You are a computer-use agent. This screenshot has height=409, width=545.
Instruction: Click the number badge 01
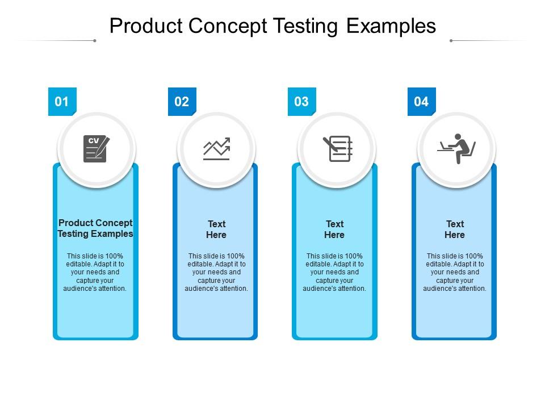(62, 102)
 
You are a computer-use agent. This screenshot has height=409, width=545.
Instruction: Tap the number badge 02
(182, 102)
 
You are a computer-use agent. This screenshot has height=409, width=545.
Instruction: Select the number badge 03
(301, 102)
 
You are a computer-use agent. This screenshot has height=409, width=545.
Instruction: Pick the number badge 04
(421, 102)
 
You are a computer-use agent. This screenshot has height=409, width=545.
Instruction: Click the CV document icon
(96, 149)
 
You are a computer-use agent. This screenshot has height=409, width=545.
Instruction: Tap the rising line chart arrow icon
(216, 149)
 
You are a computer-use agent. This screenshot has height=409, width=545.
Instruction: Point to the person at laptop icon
(457, 148)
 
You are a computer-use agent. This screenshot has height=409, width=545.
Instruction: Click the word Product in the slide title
(145, 26)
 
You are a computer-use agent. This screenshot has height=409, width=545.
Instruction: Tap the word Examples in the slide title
(391, 26)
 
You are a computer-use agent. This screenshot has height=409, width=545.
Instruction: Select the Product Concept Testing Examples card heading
(95, 228)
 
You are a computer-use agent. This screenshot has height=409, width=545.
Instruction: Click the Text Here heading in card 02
(216, 229)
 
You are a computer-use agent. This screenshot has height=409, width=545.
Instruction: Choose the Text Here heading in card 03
(334, 229)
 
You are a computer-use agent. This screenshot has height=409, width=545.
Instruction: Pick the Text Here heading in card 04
(455, 229)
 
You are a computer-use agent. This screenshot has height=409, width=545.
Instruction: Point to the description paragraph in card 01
(95, 272)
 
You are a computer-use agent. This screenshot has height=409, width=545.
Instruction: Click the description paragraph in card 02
(216, 272)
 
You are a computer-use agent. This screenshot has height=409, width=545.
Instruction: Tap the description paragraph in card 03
(334, 272)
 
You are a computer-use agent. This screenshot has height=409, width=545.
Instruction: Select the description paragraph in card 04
(455, 272)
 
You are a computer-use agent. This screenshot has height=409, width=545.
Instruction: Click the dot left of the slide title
(95, 41)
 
